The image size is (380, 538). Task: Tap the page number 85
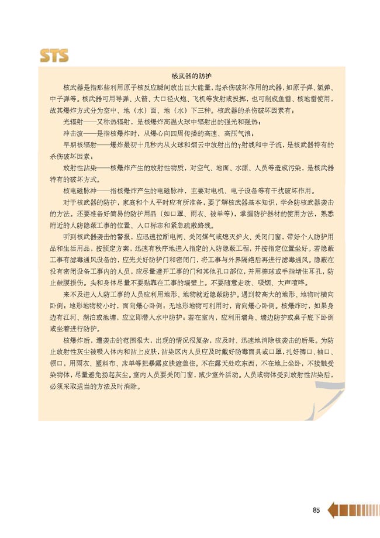(x=316, y=494)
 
